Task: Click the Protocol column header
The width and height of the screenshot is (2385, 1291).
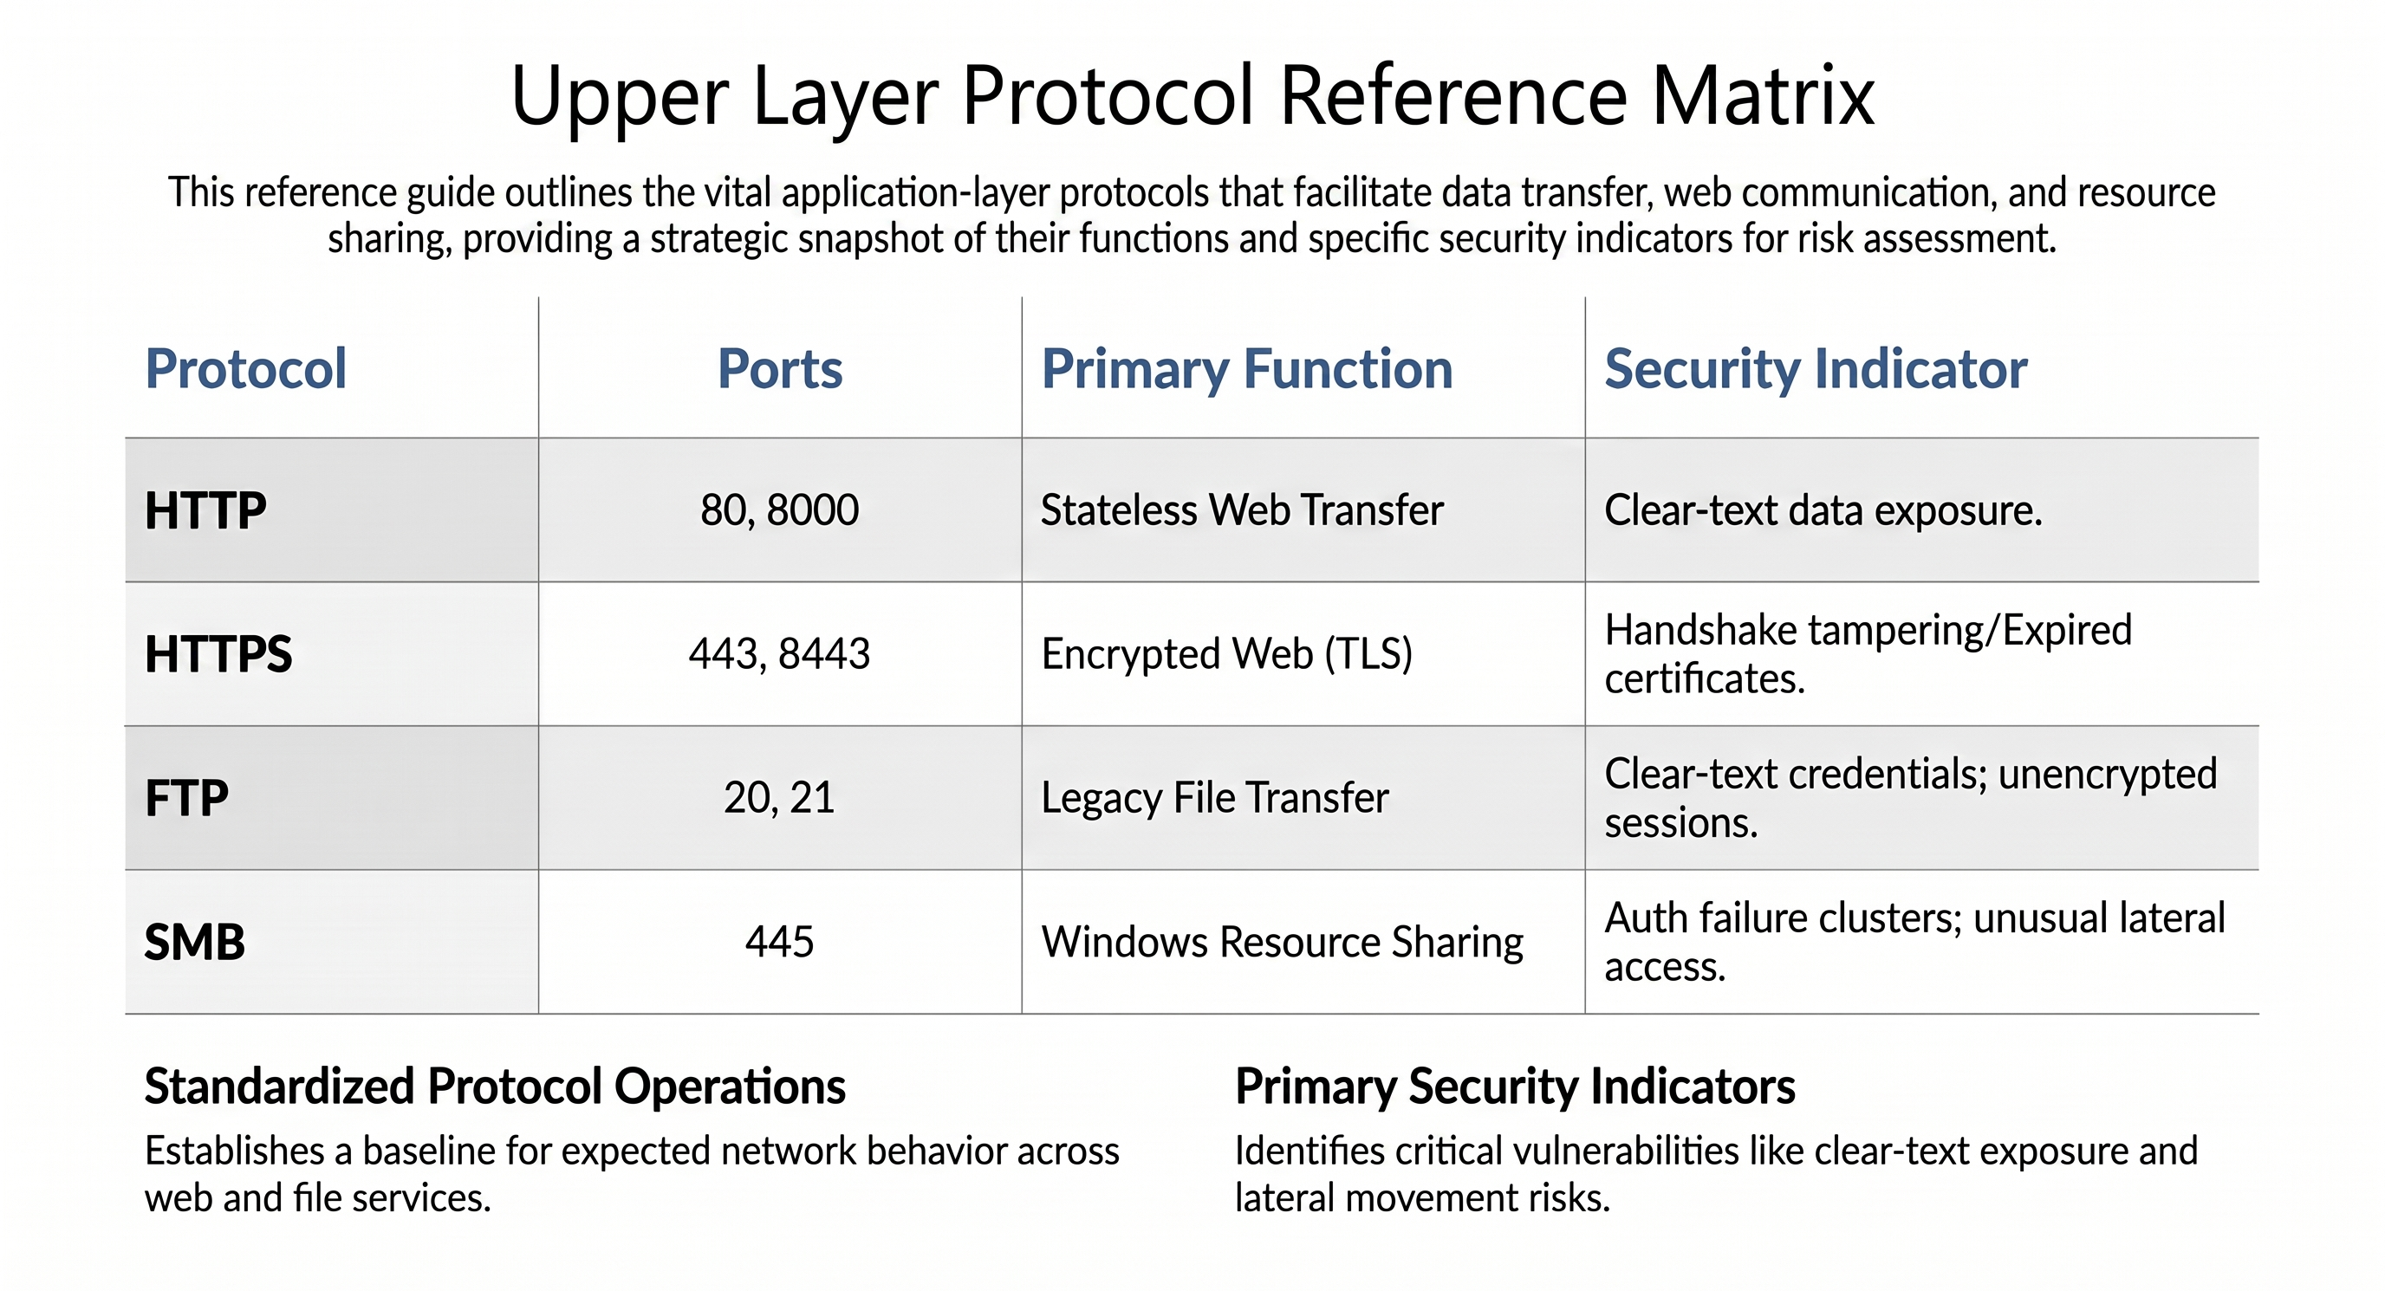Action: click(x=245, y=369)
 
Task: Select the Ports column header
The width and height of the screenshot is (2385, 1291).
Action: click(x=780, y=369)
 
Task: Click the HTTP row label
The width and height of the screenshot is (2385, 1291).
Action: click(x=205, y=511)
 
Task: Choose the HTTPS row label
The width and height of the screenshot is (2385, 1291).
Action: click(x=218, y=654)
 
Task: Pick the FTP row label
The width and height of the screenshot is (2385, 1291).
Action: click(x=186, y=798)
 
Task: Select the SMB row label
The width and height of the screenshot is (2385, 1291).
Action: click(x=194, y=942)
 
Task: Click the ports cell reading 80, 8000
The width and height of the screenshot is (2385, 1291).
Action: click(x=780, y=511)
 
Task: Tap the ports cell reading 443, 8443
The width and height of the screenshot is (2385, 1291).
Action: click(x=780, y=654)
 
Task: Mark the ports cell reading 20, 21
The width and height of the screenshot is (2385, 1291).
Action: click(x=780, y=798)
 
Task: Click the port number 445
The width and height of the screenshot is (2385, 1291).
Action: click(x=780, y=942)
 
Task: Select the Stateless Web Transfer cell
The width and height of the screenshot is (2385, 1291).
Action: click(x=1243, y=511)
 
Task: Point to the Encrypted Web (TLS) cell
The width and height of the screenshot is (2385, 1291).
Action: click(x=1227, y=654)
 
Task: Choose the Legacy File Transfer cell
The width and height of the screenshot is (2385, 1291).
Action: click(x=1215, y=799)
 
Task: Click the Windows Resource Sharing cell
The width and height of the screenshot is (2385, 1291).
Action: click(x=1283, y=942)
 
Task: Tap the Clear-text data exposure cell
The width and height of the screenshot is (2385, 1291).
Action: click(x=1823, y=511)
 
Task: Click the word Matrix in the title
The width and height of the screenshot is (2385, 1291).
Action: click(x=1763, y=95)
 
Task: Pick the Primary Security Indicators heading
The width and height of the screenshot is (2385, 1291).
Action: click(x=1515, y=1087)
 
